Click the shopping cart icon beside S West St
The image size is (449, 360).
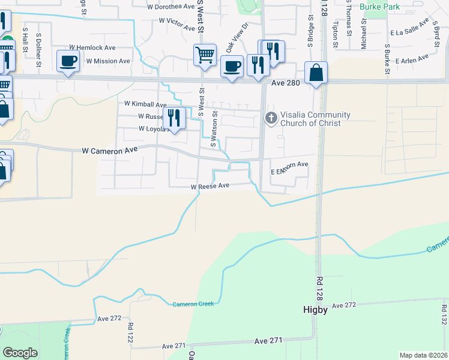tap(205, 55)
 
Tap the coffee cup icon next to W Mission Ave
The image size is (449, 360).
tap(68, 61)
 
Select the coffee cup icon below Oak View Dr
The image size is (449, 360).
tap(231, 66)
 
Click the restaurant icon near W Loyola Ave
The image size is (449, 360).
tap(174, 118)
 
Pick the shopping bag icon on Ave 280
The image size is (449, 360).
tap(316, 74)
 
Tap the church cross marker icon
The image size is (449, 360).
tap(271, 118)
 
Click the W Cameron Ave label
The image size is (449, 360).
tap(110, 152)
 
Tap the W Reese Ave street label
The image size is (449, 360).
tap(210, 187)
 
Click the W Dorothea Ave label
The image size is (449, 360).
tap(171, 7)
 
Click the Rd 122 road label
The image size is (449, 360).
tap(130, 332)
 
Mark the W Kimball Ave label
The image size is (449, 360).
tap(145, 104)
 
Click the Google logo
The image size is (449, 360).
tap(20, 353)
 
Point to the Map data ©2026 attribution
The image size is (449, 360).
tap(423, 355)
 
